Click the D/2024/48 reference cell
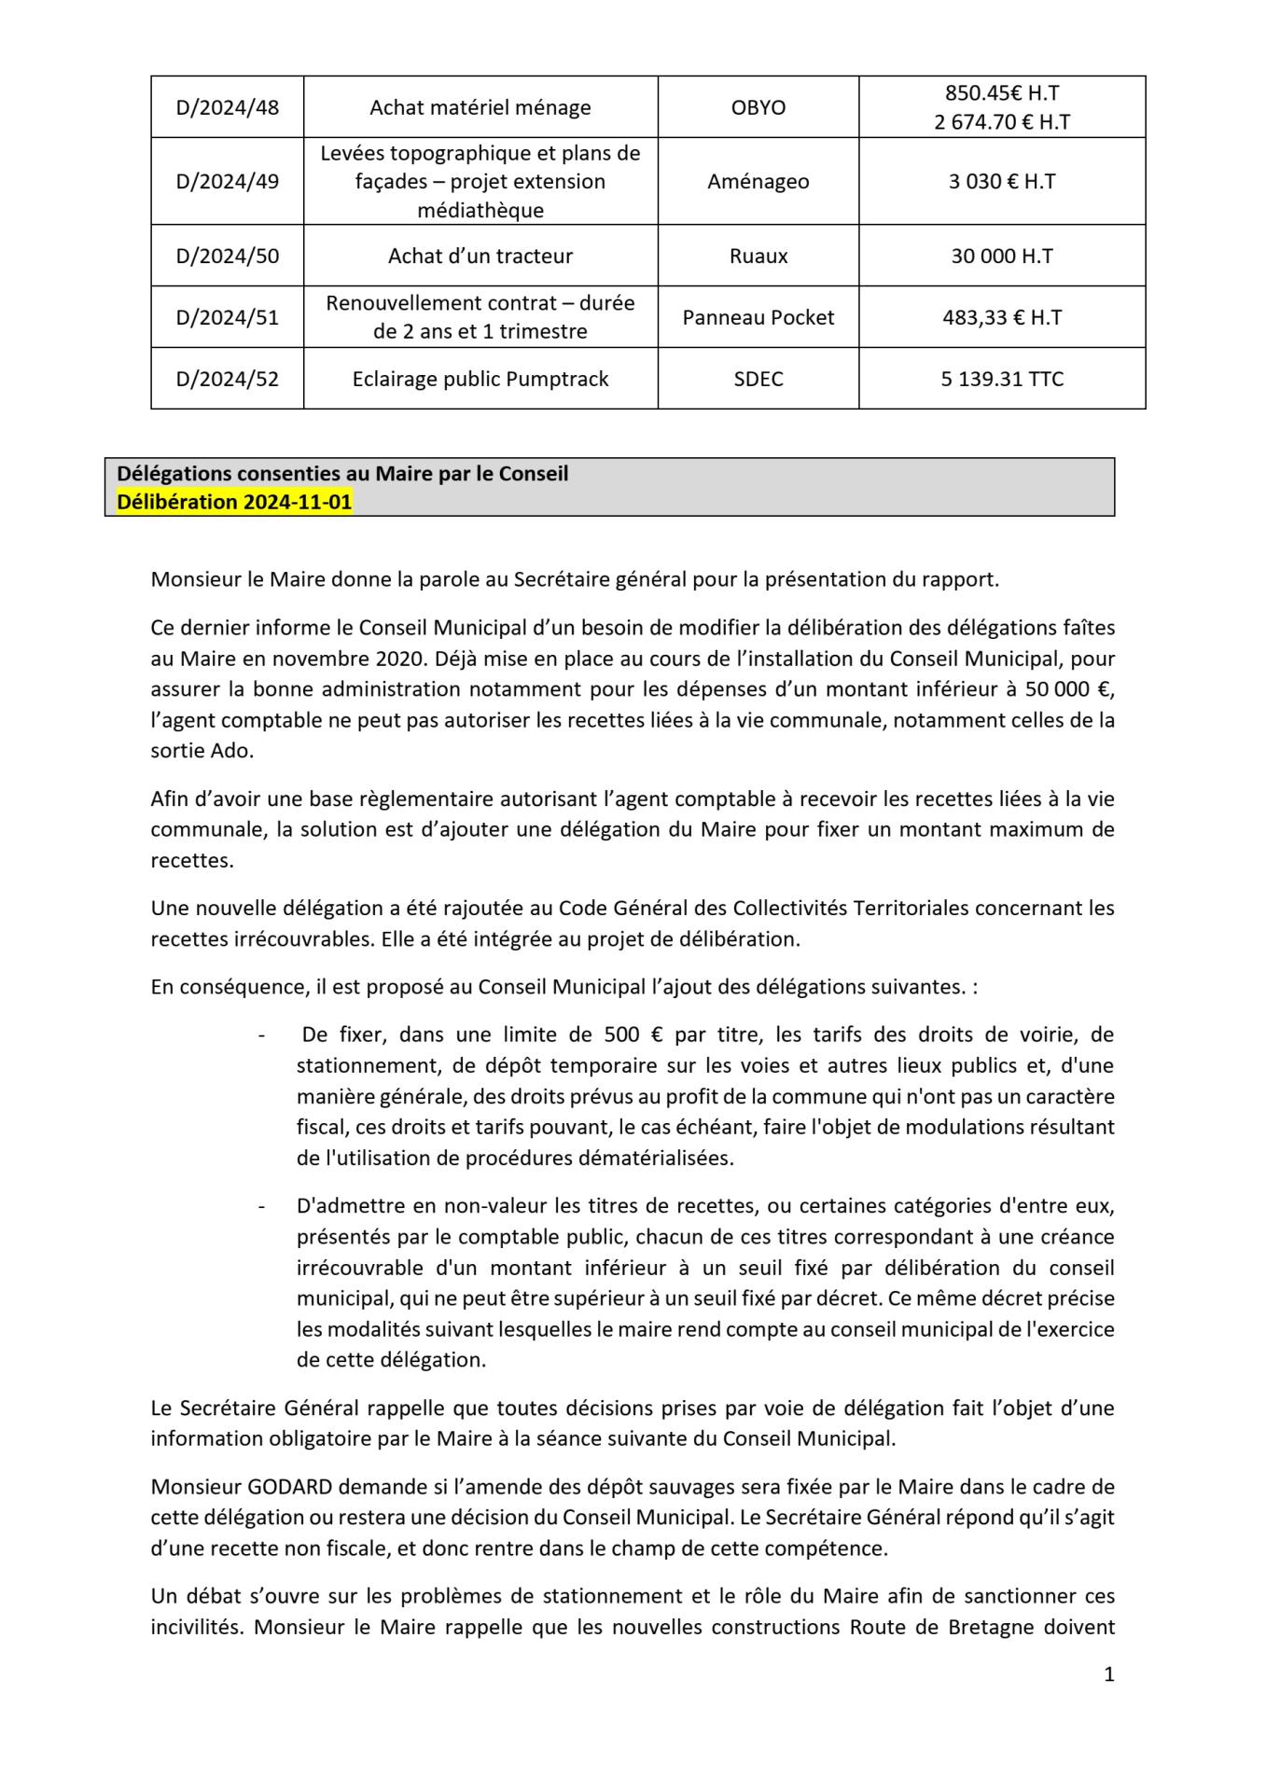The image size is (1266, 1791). click(x=227, y=107)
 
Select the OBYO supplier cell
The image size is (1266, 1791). click(x=758, y=107)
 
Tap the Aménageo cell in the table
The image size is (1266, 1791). click(x=758, y=181)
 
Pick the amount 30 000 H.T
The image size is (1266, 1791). click(x=1001, y=256)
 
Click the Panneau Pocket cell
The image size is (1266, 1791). click(x=758, y=317)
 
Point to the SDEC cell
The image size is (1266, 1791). click(x=758, y=379)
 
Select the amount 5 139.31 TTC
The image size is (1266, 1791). click(x=1001, y=379)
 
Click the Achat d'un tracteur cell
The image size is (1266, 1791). click(x=480, y=256)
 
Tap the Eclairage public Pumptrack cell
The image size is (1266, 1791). click(x=480, y=379)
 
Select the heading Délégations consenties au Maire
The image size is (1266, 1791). click(x=341, y=473)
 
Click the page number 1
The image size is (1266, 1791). click(x=1108, y=1673)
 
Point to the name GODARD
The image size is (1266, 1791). click(x=283, y=1485)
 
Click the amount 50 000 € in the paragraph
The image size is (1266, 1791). click(x=1070, y=689)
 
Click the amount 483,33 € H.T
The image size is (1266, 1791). click(x=1001, y=317)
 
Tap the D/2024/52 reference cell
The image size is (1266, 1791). click(x=227, y=379)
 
